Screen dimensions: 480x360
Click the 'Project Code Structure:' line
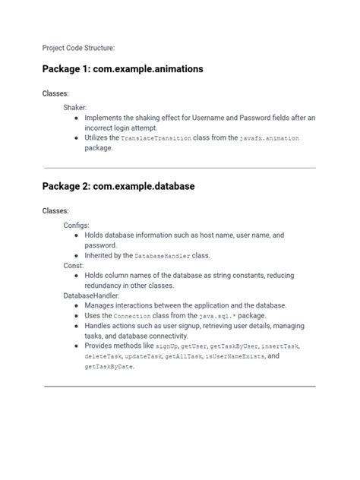pyautogui.click(x=78, y=48)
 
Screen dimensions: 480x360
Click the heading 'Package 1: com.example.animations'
pyautogui.click(x=122, y=69)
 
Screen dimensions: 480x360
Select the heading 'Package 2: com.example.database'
pyautogui.click(x=118, y=186)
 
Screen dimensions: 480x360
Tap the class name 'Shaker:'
pyautogui.click(x=75, y=108)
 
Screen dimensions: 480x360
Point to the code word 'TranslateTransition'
pyautogui.click(x=156, y=138)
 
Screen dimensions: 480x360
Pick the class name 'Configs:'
pyautogui.click(x=77, y=226)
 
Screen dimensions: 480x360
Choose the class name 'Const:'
pyautogui.click(x=74, y=266)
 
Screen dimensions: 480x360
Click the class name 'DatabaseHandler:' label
pyautogui.click(x=92, y=295)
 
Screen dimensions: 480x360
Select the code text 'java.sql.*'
pyautogui.click(x=222, y=315)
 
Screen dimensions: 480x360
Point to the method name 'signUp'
pyautogui.click(x=178, y=346)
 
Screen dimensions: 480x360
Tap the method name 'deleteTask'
pyautogui.click(x=106, y=356)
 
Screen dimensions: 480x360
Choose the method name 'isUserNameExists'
pyautogui.click(x=235, y=356)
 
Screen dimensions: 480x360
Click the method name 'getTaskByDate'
pyautogui.click(x=109, y=367)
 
